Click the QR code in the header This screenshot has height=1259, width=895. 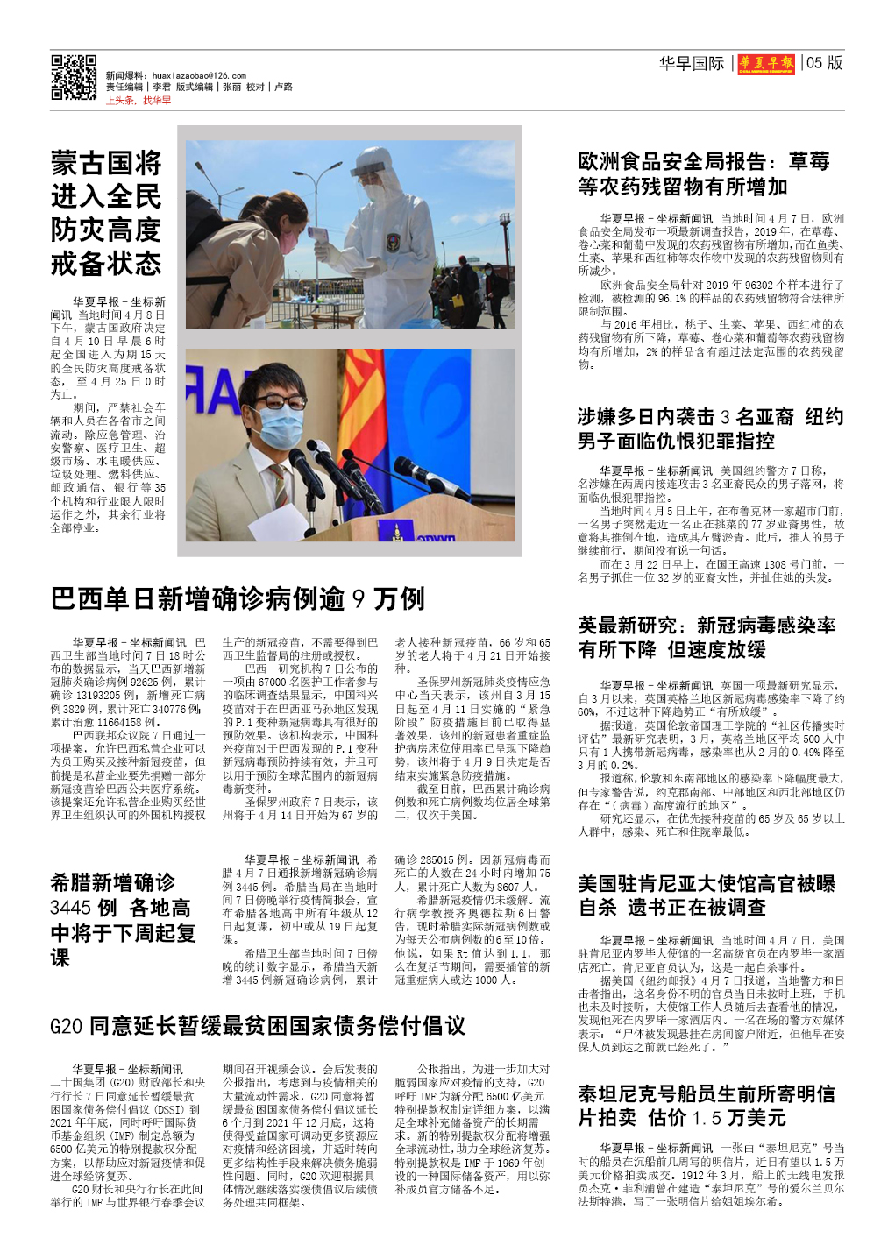[74, 78]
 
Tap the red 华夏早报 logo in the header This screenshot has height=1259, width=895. [766, 63]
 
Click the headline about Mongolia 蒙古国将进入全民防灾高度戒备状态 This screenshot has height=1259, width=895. [106, 213]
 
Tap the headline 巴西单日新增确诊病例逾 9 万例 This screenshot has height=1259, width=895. [238, 599]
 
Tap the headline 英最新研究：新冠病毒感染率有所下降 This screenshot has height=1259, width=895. [707, 637]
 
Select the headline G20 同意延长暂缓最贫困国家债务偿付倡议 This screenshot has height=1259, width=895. [258, 1026]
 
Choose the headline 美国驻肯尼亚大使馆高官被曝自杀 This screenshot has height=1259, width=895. [707, 895]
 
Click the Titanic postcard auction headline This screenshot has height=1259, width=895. [707, 1106]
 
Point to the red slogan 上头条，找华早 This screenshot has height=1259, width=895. [139, 101]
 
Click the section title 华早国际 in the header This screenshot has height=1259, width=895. [692, 63]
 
